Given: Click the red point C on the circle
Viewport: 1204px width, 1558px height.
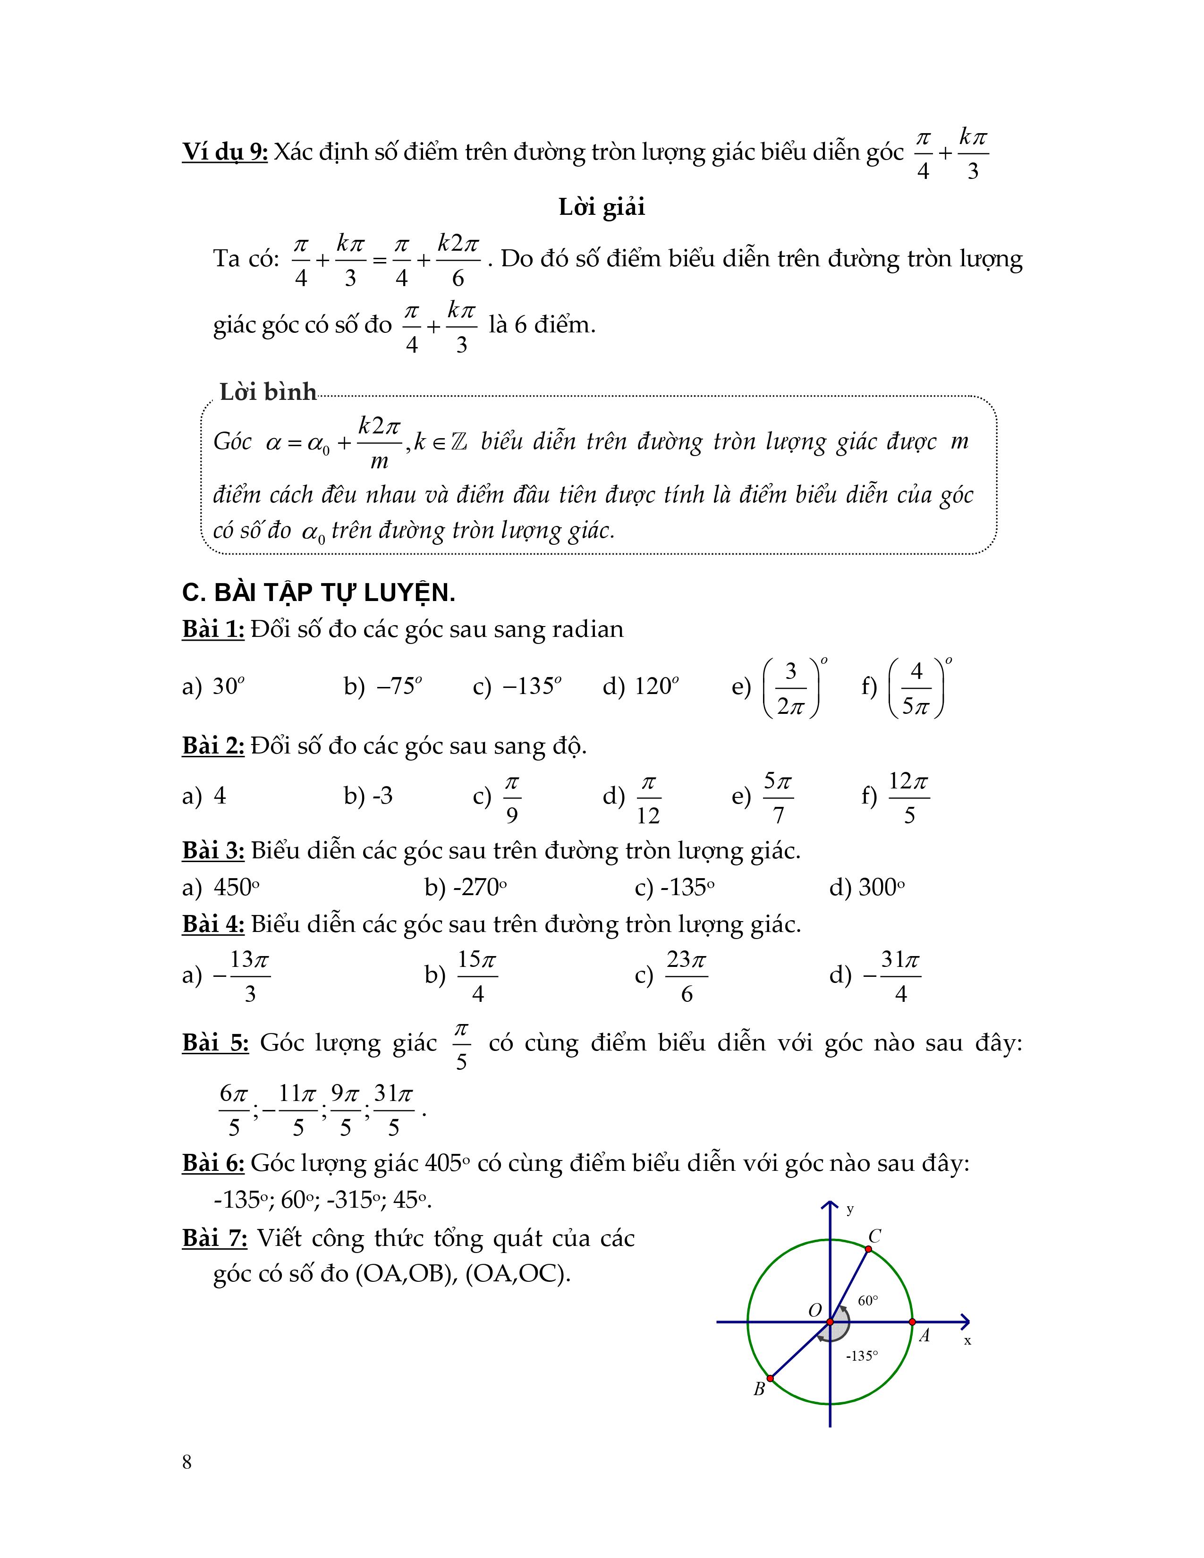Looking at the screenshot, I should (x=868, y=1249).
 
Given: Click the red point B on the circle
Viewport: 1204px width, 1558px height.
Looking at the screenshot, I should (x=771, y=1378).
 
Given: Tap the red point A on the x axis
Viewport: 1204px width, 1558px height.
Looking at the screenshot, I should (x=912, y=1322).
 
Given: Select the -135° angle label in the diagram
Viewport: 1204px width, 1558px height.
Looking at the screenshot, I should (x=862, y=1355).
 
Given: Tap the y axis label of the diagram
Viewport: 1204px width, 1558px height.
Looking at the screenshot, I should (x=849, y=1209).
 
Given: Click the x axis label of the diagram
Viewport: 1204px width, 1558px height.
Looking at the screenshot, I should (x=968, y=1340).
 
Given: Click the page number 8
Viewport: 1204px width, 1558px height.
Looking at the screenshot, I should (x=187, y=1463).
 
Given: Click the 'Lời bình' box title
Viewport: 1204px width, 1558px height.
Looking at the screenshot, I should (x=267, y=392).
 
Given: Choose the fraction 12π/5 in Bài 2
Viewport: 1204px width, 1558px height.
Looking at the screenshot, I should (x=909, y=797).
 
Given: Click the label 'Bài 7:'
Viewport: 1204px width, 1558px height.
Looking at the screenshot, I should (x=215, y=1238).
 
